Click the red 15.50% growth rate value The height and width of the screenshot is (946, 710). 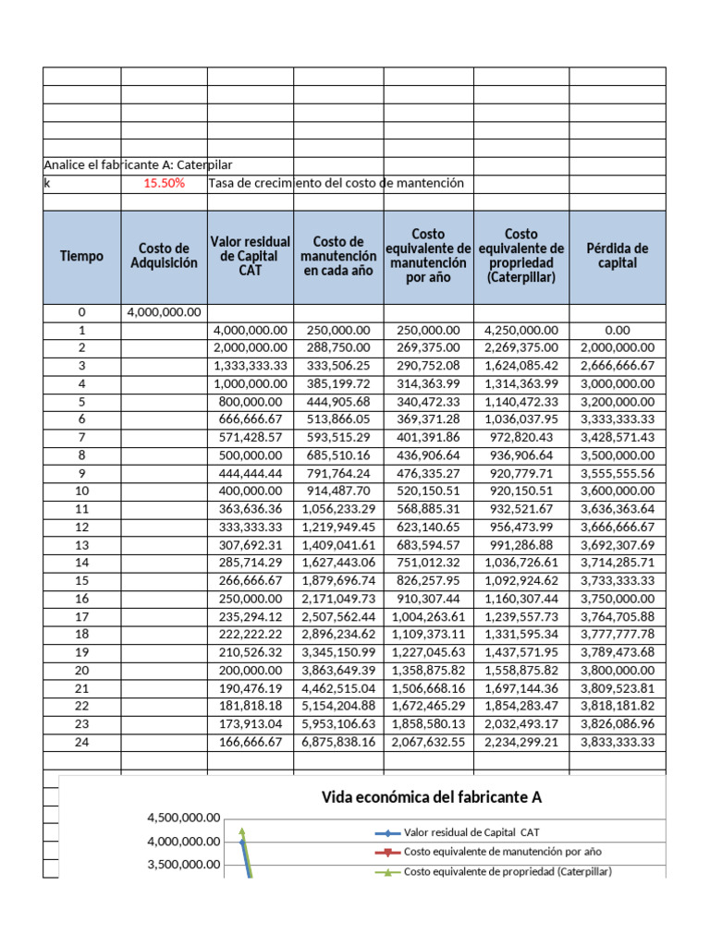[x=164, y=183]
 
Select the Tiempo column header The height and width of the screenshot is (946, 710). [x=82, y=256]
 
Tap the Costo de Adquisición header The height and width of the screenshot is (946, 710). [x=164, y=256]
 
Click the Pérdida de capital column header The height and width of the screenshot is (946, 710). [x=618, y=256]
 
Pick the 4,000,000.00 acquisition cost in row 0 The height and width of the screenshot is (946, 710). [x=164, y=312]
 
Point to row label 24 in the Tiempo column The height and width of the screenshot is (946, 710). [x=82, y=741]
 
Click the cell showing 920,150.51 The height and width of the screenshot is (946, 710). [x=522, y=491]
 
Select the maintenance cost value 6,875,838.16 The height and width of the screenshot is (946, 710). [x=338, y=741]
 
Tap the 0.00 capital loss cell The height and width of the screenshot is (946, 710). [x=618, y=330]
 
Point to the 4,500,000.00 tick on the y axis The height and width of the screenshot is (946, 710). [x=183, y=817]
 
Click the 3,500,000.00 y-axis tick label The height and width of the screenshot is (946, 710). [x=183, y=865]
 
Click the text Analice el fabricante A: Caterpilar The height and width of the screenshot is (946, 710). [x=139, y=164]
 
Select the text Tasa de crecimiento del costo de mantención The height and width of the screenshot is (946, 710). [x=337, y=183]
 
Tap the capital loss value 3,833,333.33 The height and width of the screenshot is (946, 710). [x=618, y=741]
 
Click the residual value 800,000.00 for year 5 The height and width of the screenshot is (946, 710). [x=251, y=402]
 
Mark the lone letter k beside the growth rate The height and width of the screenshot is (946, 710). [x=47, y=183]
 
